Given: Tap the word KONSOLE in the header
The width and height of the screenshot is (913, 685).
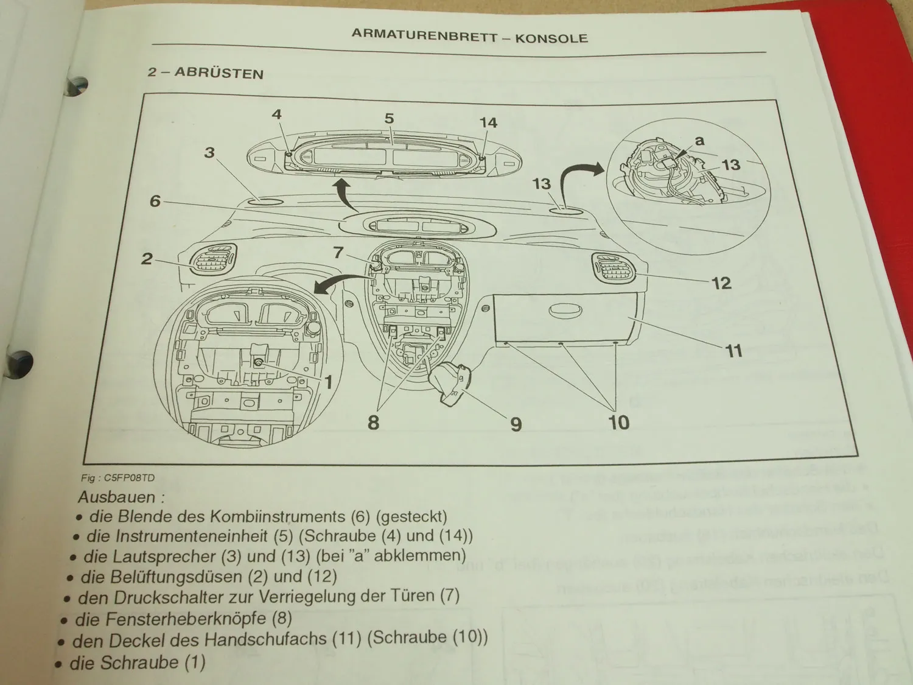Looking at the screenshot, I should tap(551, 38).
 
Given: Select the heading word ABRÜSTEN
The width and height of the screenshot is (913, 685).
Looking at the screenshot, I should tap(219, 73).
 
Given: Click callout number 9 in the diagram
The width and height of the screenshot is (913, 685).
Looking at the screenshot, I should tap(516, 423).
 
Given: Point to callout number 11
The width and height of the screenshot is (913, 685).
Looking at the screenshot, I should tap(734, 351).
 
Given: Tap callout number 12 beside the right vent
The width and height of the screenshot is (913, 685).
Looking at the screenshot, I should tap(721, 283).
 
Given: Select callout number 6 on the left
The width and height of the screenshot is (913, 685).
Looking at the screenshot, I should tap(155, 200).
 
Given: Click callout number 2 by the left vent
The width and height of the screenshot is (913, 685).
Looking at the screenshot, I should tap(147, 258).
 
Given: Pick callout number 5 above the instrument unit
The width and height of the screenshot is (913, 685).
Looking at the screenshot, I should tap(389, 118).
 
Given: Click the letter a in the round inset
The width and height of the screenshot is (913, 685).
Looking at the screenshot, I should tap(699, 141).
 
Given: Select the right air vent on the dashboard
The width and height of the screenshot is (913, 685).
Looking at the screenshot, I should tap(612, 267).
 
